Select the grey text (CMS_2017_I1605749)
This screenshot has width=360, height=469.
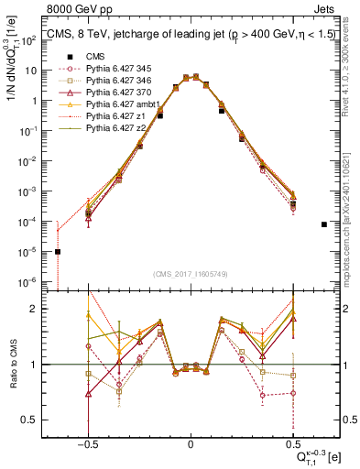coord(190,274)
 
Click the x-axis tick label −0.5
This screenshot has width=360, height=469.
coord(88,442)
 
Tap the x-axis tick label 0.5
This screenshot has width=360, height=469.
coord(293,442)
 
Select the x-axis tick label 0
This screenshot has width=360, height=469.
coord(191,442)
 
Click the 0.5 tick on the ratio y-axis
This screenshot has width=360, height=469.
coord(38,420)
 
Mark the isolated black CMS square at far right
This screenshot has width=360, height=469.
coord(324,224)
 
